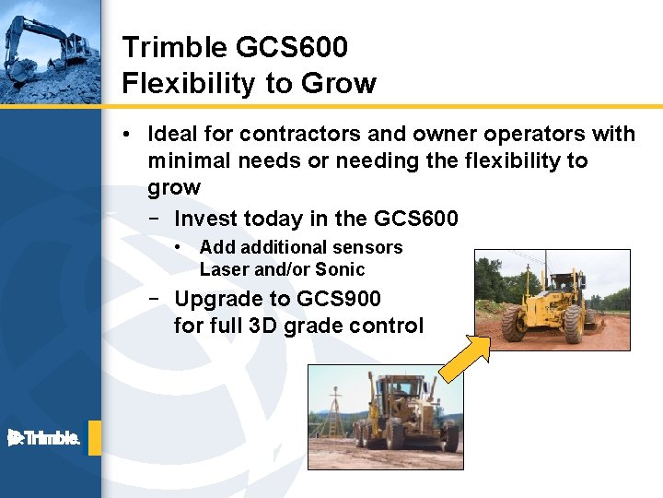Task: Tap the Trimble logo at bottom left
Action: [44, 438]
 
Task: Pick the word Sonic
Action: [340, 270]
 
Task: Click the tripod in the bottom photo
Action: [329, 414]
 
